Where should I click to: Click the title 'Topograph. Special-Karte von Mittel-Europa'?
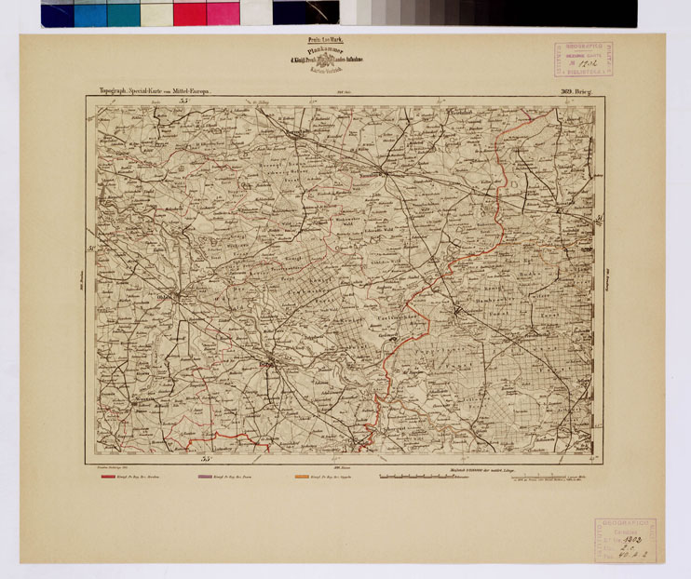(x=156, y=91)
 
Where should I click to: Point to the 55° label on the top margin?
(x=184, y=100)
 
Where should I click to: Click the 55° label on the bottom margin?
(x=207, y=456)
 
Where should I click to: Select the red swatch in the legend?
(x=113, y=477)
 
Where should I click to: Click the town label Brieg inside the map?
(x=267, y=366)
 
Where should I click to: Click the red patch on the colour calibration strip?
(x=189, y=13)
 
